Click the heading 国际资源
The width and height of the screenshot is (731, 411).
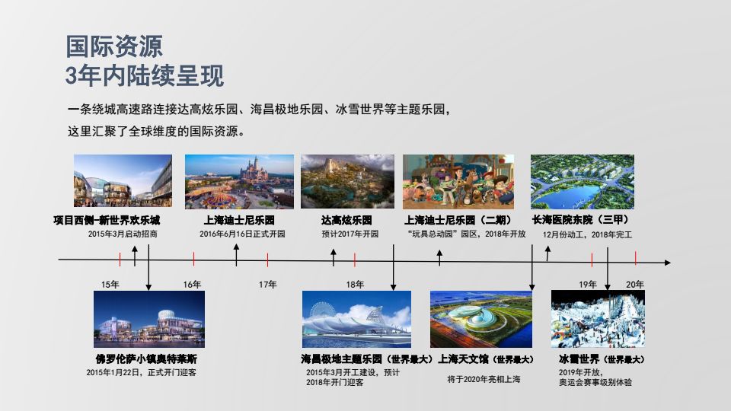click(114, 46)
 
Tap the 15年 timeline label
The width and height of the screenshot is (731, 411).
click(110, 284)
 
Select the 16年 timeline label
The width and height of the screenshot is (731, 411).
click(192, 284)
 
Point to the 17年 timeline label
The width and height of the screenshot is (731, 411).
click(267, 284)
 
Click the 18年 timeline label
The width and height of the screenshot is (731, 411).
click(355, 284)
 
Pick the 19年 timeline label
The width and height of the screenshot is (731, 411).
click(588, 284)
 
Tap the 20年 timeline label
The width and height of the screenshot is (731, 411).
click(634, 284)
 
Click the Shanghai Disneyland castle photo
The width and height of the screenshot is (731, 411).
click(239, 182)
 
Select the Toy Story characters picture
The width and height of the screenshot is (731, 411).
click(458, 182)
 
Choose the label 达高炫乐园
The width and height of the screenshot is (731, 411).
click(346, 220)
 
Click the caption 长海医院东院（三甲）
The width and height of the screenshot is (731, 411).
click(580, 219)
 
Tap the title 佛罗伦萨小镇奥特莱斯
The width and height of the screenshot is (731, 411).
click(146, 358)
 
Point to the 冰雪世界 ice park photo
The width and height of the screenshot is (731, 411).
click(598, 319)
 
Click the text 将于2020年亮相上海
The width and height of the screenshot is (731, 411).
click(484, 379)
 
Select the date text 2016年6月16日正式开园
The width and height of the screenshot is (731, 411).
click(242, 234)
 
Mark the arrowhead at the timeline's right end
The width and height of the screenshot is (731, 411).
click(668, 263)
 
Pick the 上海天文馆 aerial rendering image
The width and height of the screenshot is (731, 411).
click(480, 319)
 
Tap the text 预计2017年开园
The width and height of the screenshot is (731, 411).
click(350, 234)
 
